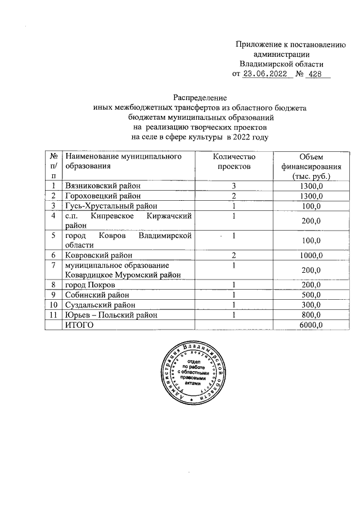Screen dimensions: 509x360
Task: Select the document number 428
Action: point(316,74)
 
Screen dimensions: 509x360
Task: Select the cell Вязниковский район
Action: point(102,186)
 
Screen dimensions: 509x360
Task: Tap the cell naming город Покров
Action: point(89,285)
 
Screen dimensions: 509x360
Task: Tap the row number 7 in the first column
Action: point(53,265)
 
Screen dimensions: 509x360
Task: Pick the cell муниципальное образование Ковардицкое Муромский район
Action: point(123,269)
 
